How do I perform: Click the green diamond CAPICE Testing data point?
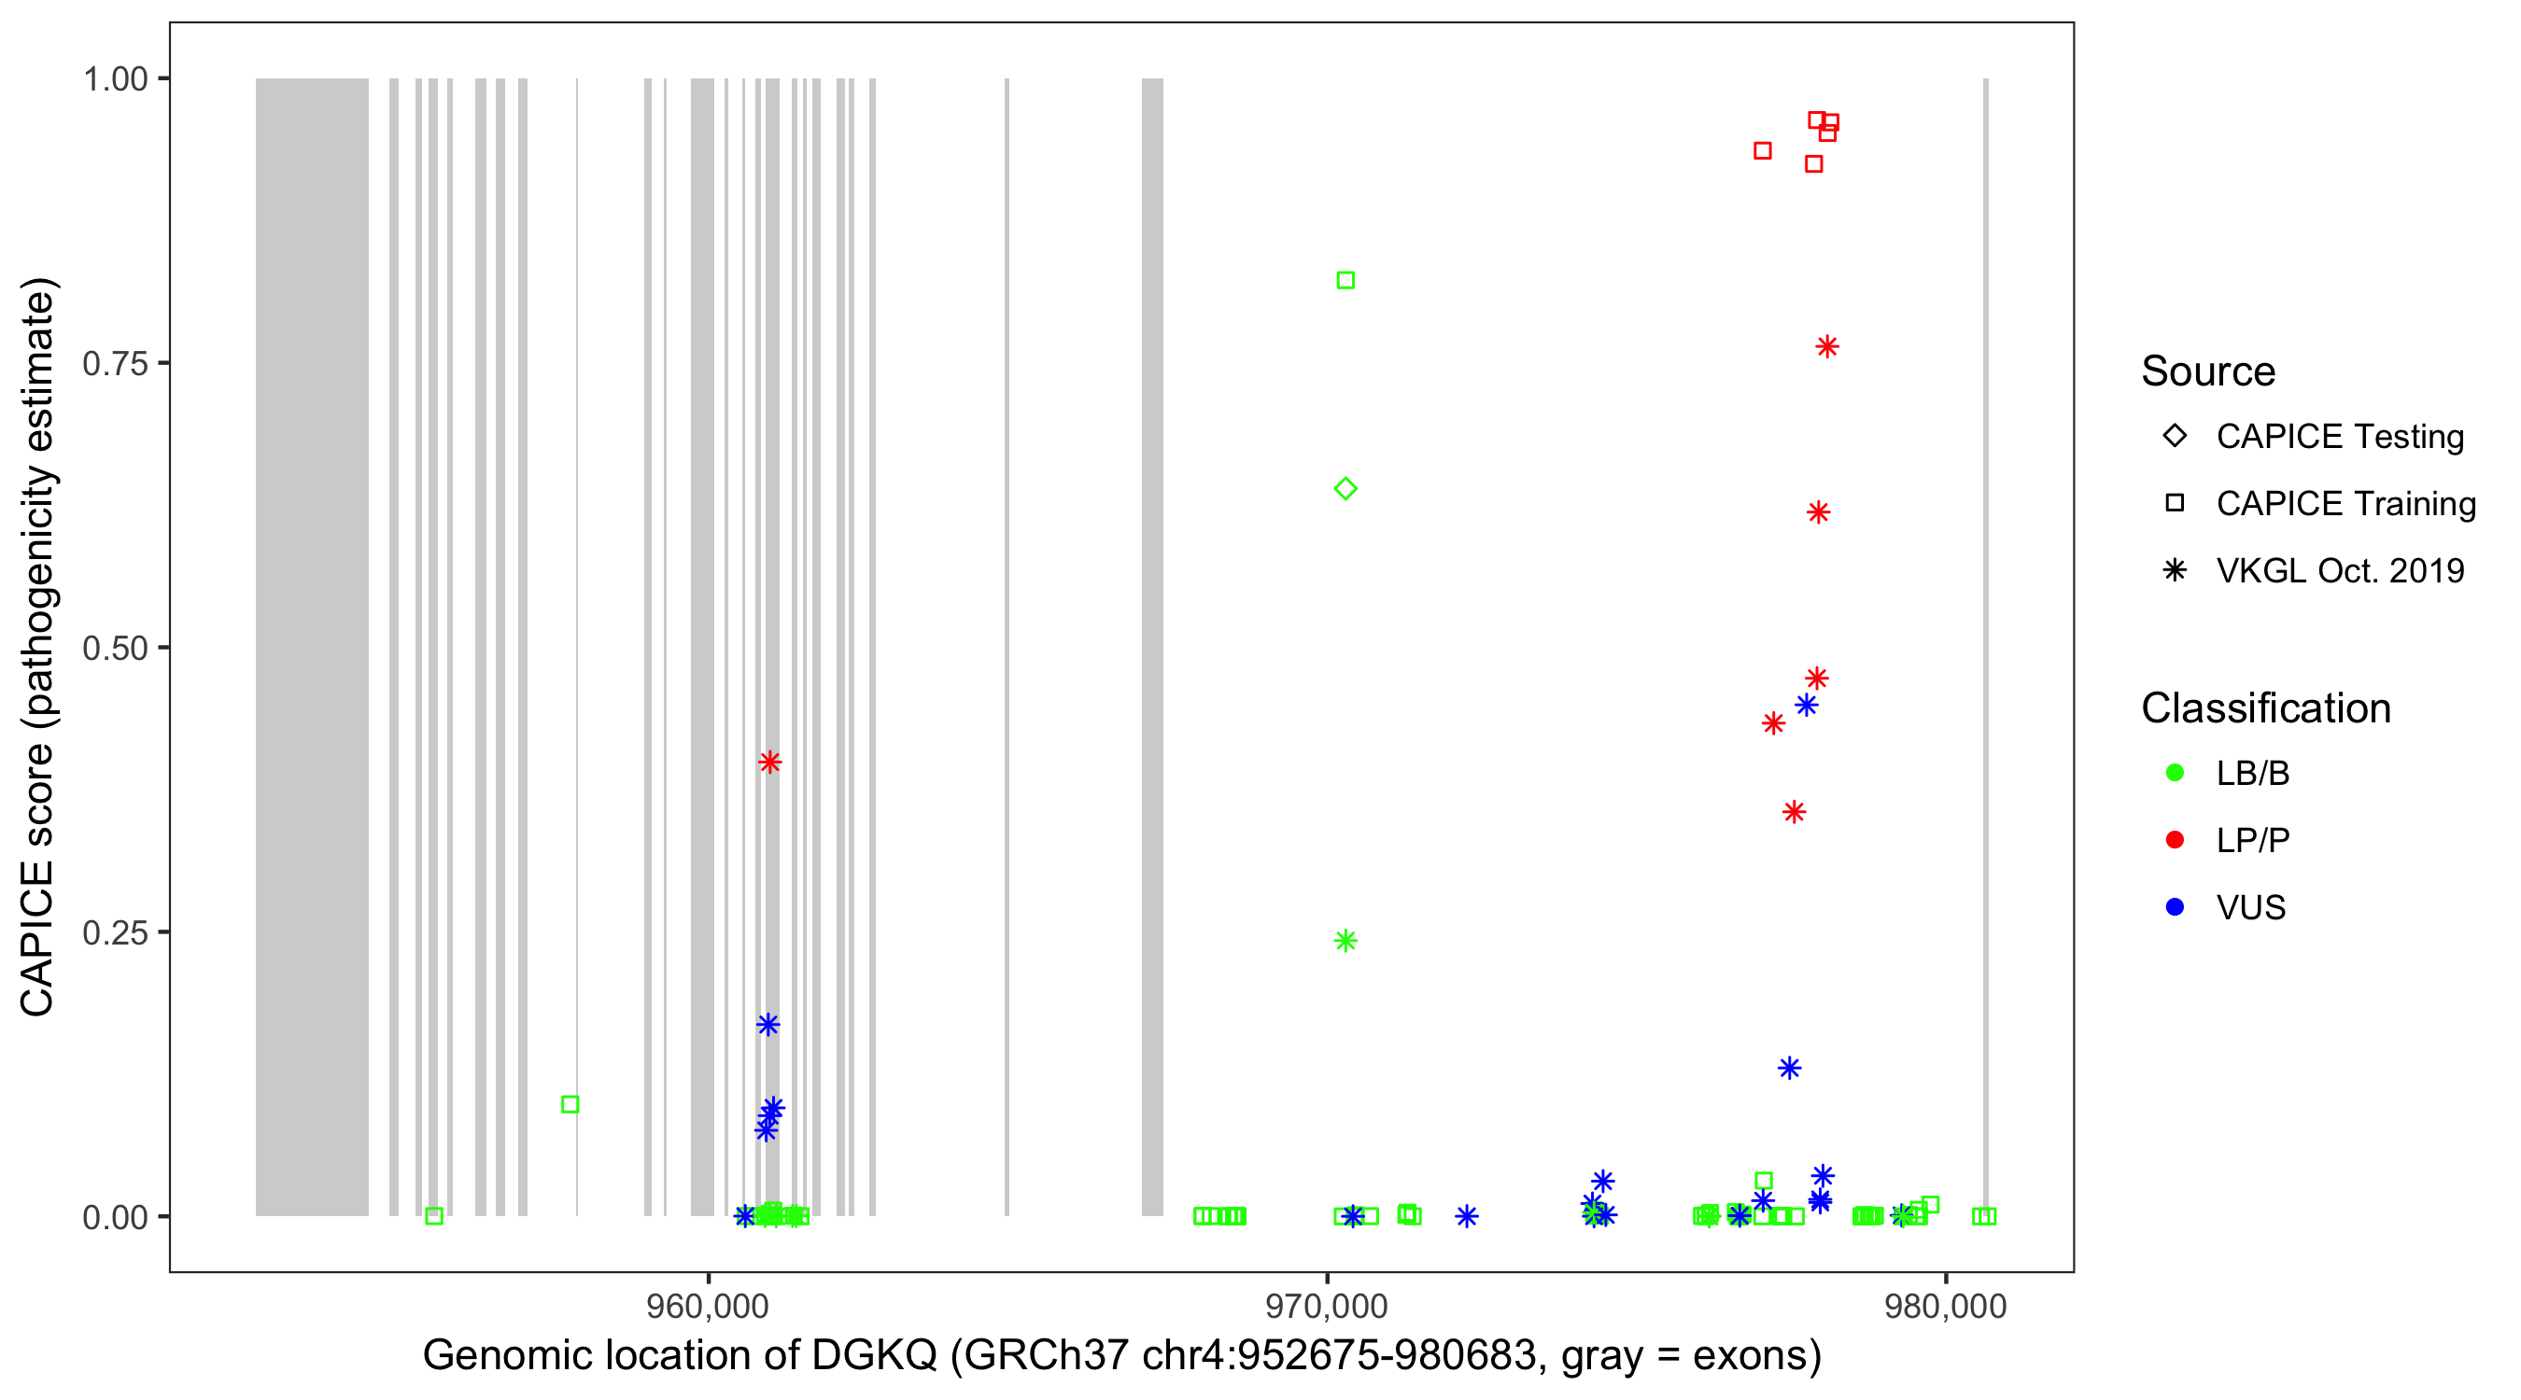pos(1345,488)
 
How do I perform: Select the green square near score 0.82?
pos(1345,281)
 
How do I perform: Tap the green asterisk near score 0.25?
pos(1345,940)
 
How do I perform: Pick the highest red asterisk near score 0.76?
pos(1827,347)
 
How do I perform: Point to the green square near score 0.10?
pos(570,1103)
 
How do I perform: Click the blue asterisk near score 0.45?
pos(1807,705)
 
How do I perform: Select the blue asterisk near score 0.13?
pos(1789,1068)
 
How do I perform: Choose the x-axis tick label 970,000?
pos(1326,1306)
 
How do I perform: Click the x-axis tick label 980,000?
pos(1945,1306)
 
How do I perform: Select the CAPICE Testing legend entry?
pos(2339,437)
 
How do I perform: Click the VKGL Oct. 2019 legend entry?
pos(2339,570)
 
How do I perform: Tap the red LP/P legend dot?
pos(2176,840)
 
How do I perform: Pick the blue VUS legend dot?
pos(2176,907)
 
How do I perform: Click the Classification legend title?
pos(2265,708)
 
